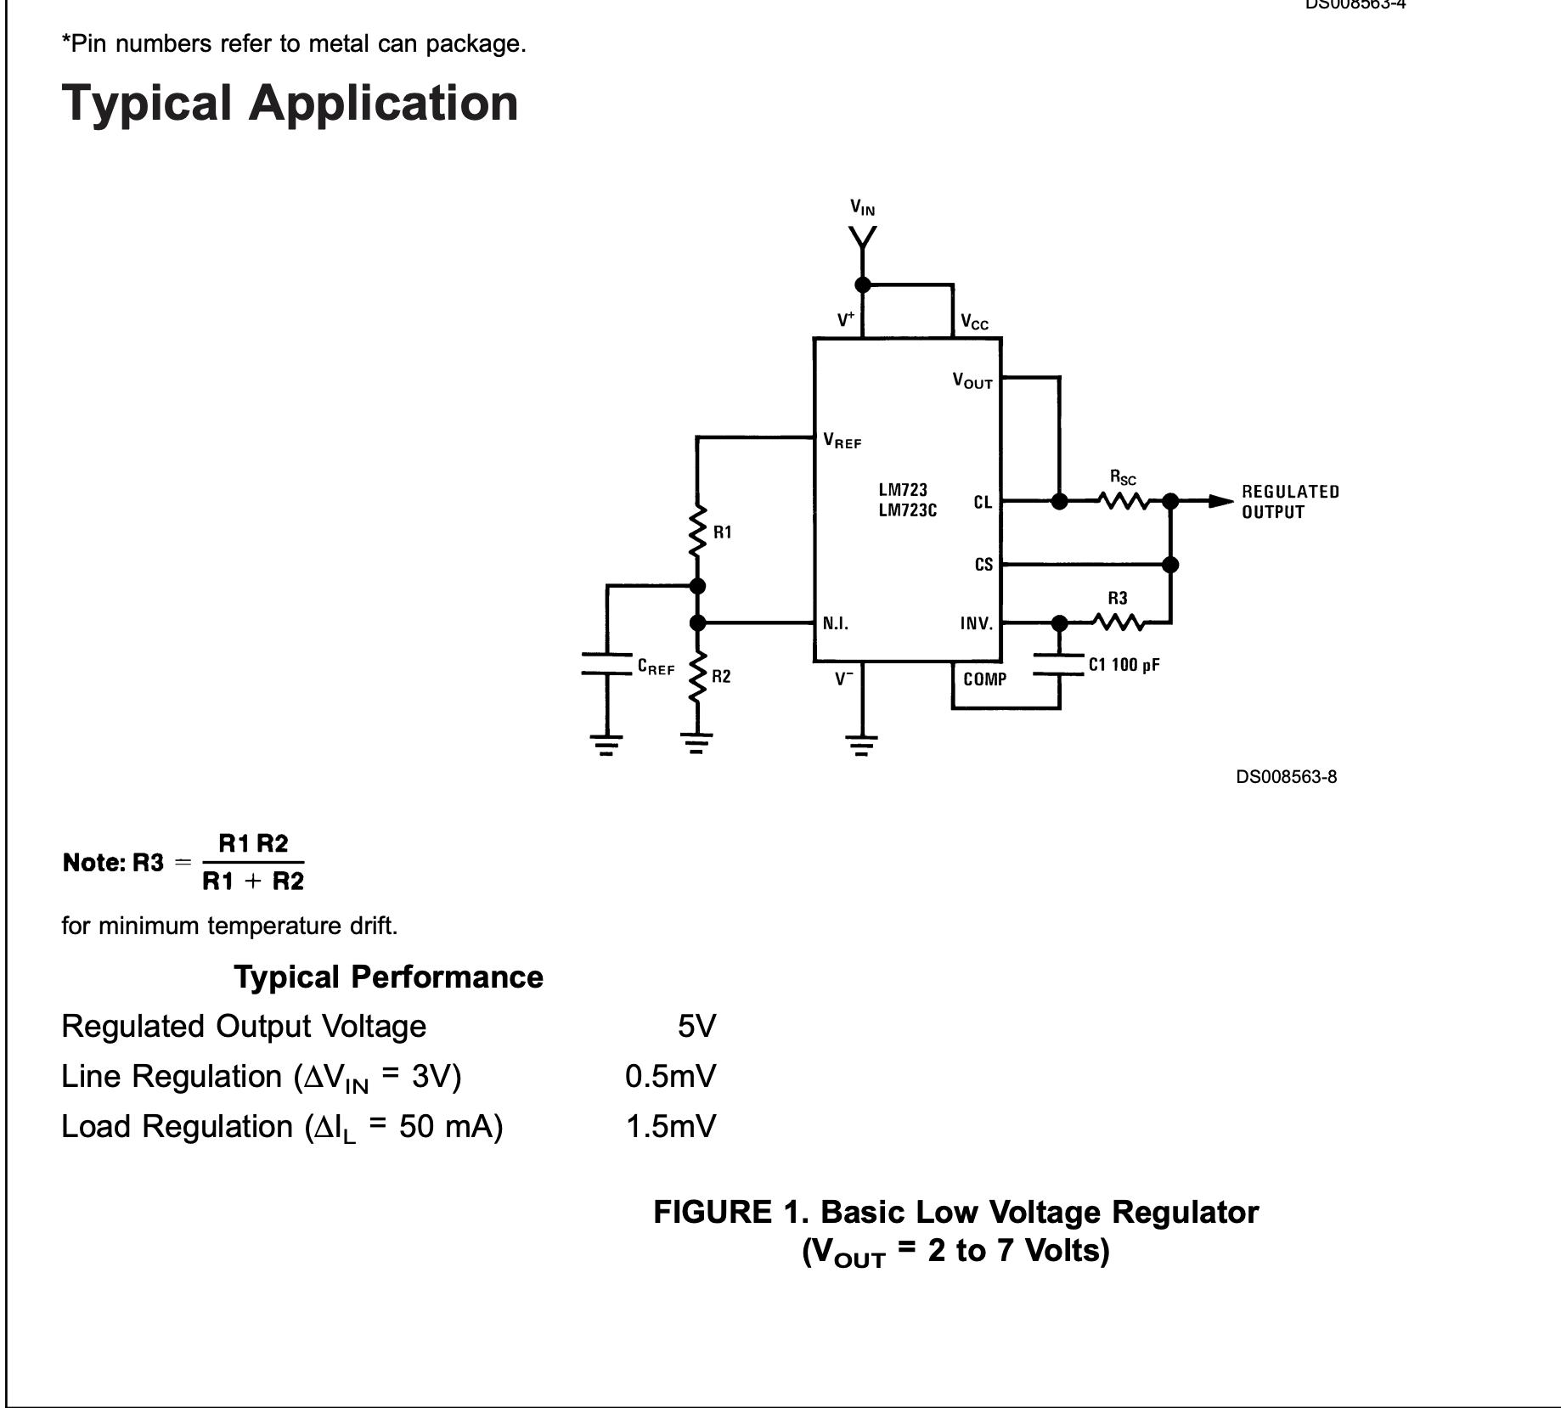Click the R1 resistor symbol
(x=697, y=530)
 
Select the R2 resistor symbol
(x=697, y=676)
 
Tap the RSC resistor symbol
(x=1123, y=501)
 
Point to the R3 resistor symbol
(x=1118, y=623)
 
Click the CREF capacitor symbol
(x=607, y=663)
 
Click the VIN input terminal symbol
(x=863, y=239)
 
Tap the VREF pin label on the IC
(x=842, y=441)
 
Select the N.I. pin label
(x=836, y=624)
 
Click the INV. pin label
(x=977, y=624)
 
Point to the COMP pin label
(x=985, y=679)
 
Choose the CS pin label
(x=983, y=565)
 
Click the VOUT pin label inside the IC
(x=972, y=381)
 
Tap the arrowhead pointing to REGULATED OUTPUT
(x=1221, y=501)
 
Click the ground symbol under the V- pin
(x=862, y=745)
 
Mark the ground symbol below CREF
(x=606, y=745)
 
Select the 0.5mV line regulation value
(x=671, y=1077)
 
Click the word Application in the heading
(x=383, y=104)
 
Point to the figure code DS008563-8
(x=1286, y=777)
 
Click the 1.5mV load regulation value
(x=671, y=1127)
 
